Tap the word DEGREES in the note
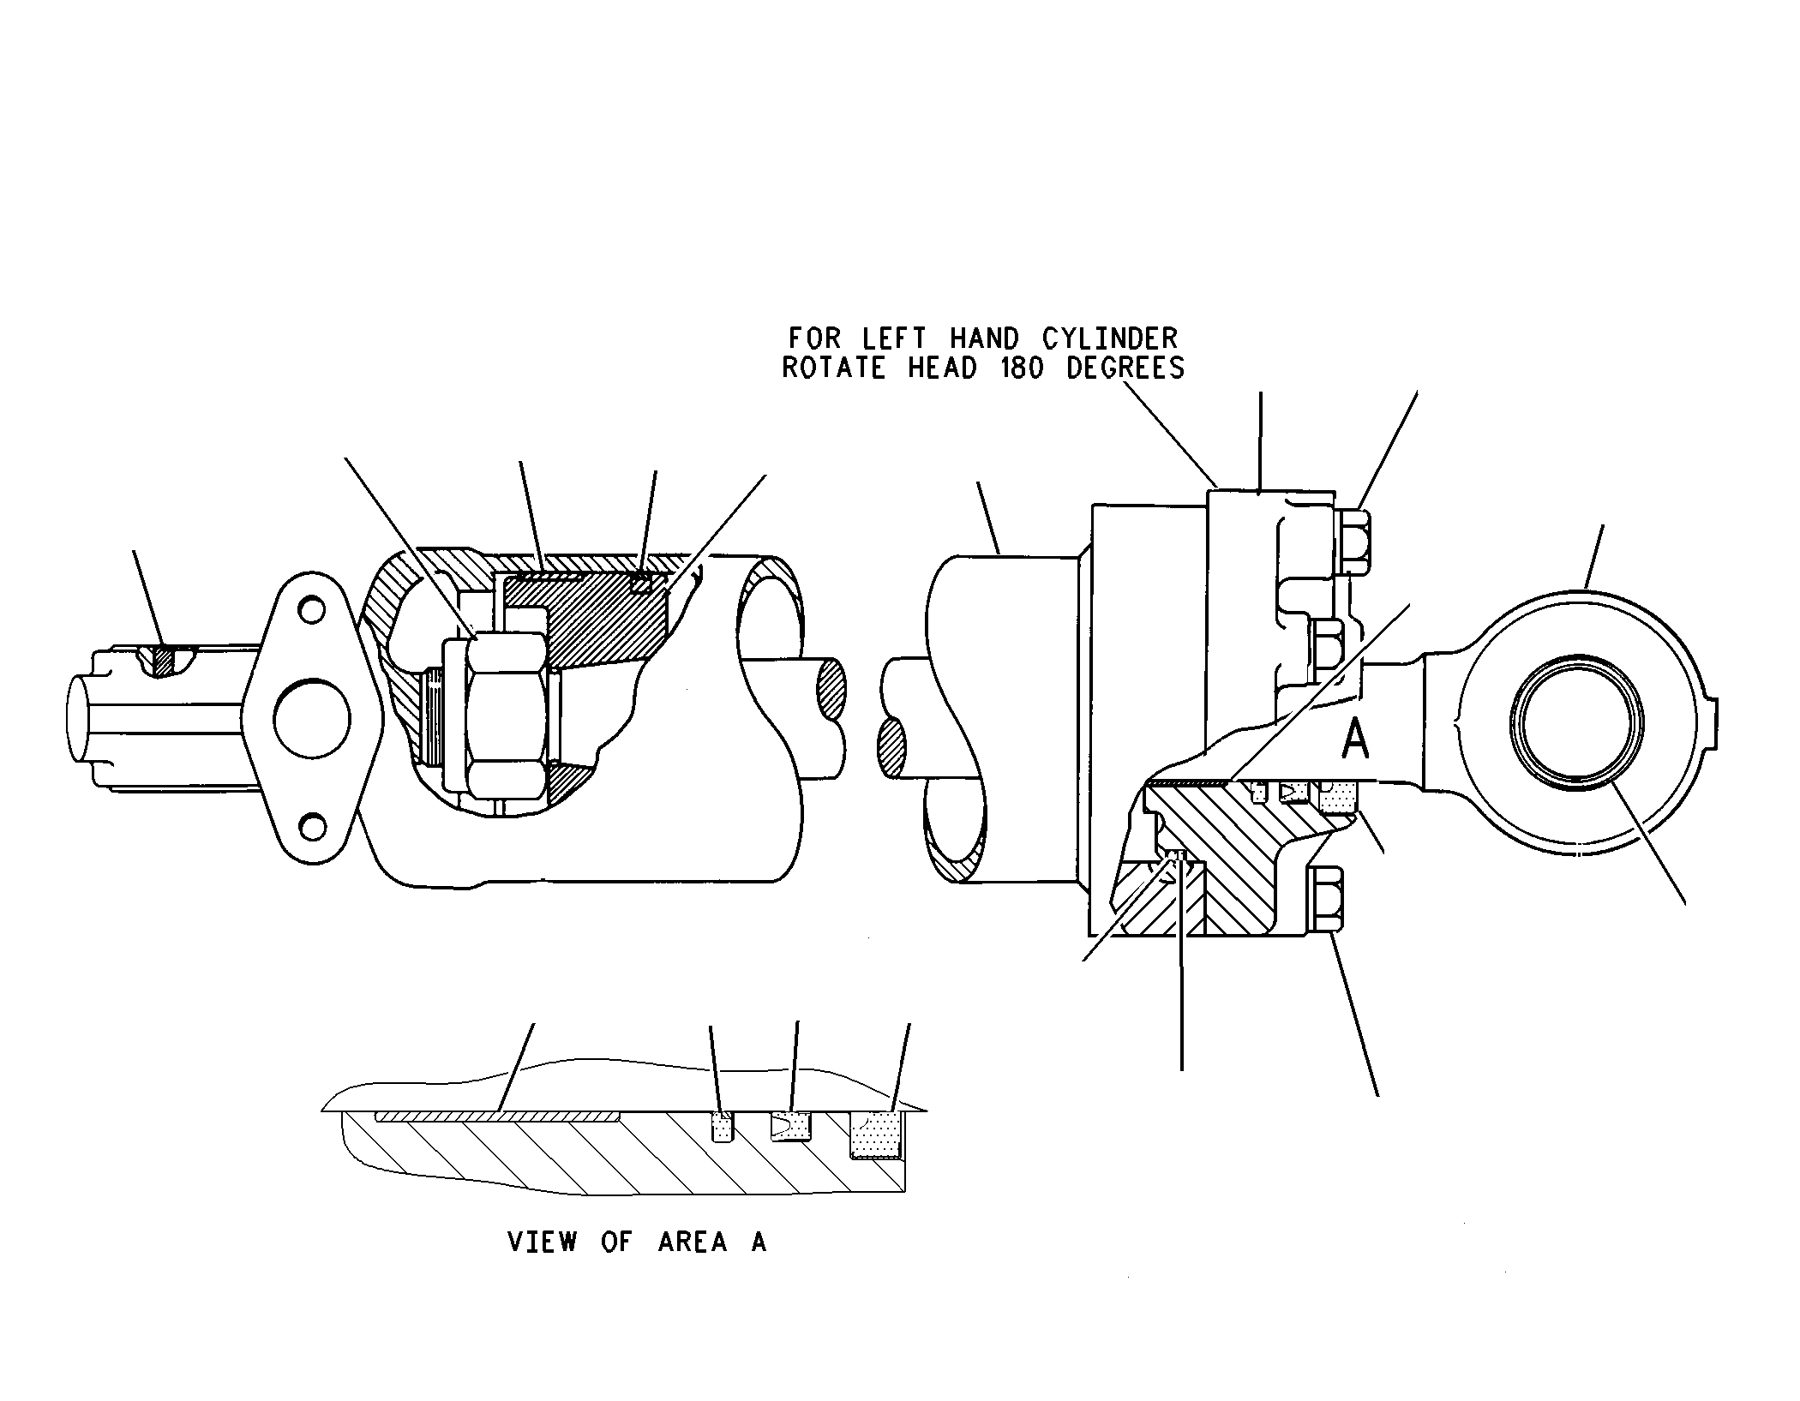[x=1125, y=368]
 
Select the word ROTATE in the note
[x=833, y=368]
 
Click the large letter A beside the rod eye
[x=1355, y=739]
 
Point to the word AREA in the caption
[x=693, y=1242]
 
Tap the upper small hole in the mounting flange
[x=311, y=611]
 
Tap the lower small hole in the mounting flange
[x=312, y=828]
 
